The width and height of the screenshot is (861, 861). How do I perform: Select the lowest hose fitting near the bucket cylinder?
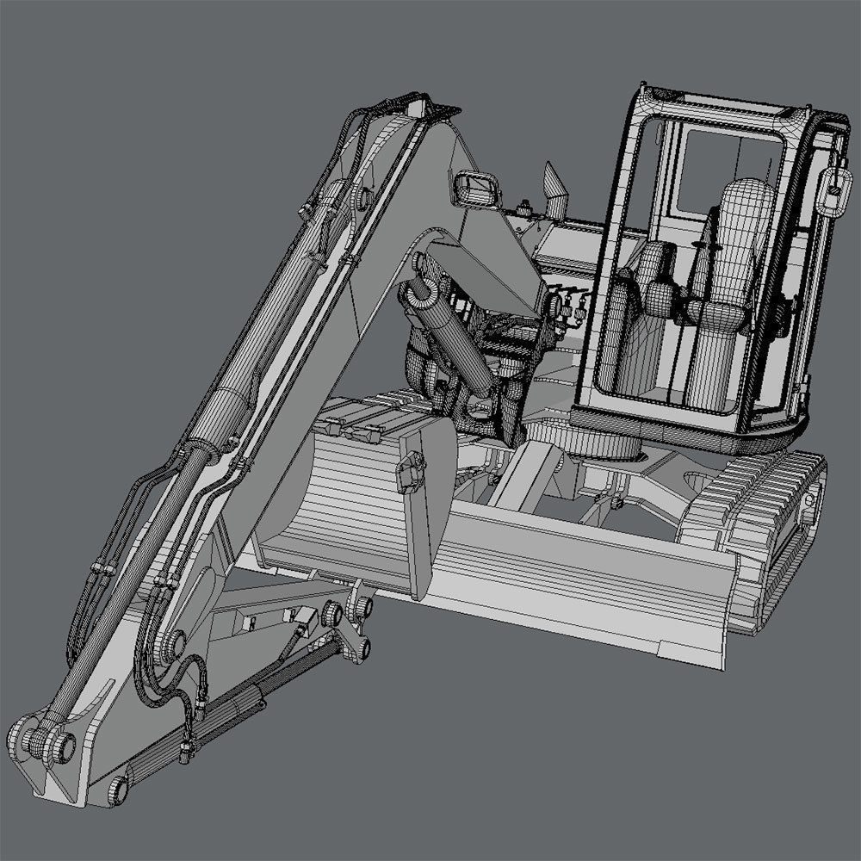(185, 757)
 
